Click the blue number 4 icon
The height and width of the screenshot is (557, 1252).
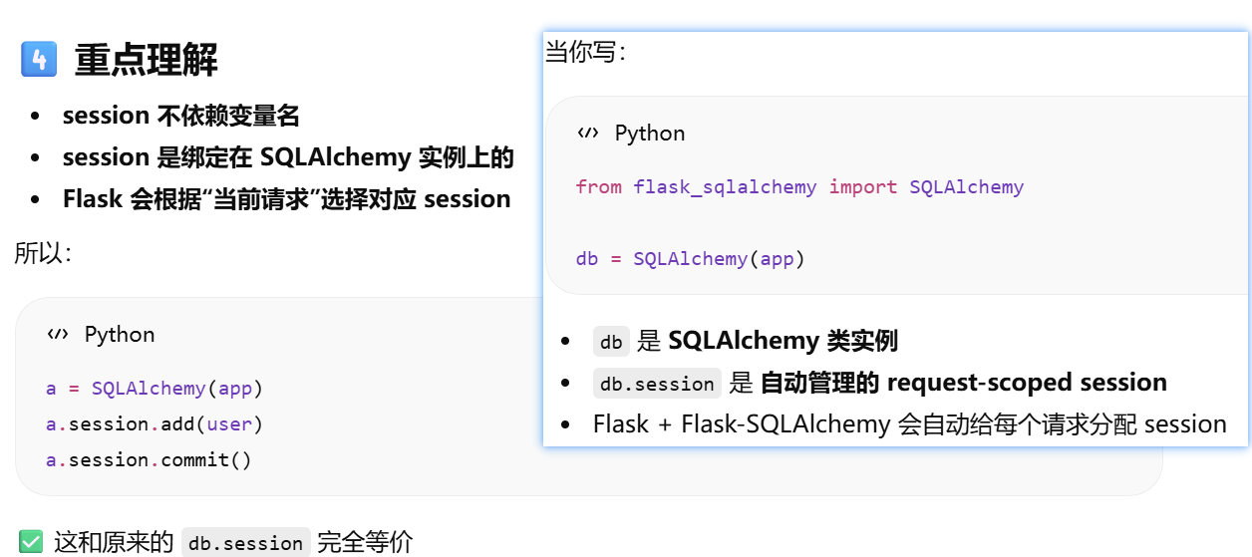point(39,60)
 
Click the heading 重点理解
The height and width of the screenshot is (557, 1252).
point(146,61)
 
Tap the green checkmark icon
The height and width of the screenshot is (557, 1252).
point(31,542)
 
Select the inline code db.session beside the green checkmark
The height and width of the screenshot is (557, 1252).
point(246,543)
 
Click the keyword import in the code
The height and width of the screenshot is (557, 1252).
point(863,186)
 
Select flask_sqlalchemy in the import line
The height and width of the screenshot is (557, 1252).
point(725,186)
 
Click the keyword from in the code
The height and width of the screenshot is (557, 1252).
point(598,186)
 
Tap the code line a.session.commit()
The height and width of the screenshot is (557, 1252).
point(149,459)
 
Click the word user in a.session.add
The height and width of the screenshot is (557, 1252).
point(229,423)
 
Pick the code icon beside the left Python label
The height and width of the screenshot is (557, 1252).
point(58,334)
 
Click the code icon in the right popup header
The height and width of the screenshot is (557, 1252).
point(588,133)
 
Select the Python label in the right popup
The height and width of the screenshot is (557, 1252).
point(650,133)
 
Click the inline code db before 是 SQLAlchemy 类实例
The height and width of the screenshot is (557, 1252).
point(611,342)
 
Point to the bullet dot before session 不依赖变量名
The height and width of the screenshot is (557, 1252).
point(36,117)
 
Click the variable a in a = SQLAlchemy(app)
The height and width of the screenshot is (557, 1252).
point(51,388)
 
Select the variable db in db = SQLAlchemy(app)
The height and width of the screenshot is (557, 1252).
point(587,259)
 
